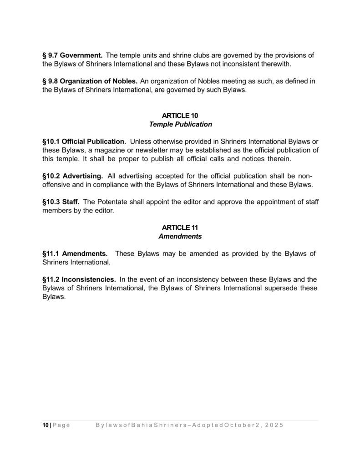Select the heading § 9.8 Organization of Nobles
pyautogui.click(x=90, y=81)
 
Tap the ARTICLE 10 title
pyautogui.click(x=180, y=116)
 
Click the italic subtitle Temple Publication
pyautogui.click(x=180, y=124)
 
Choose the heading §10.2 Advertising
pyautogui.click(x=72, y=176)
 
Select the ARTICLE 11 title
pyautogui.click(x=180, y=228)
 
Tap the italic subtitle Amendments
pyautogui.click(x=180, y=237)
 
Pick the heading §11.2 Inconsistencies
pyautogui.click(x=79, y=279)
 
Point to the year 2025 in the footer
pyautogui.click(x=273, y=425)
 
